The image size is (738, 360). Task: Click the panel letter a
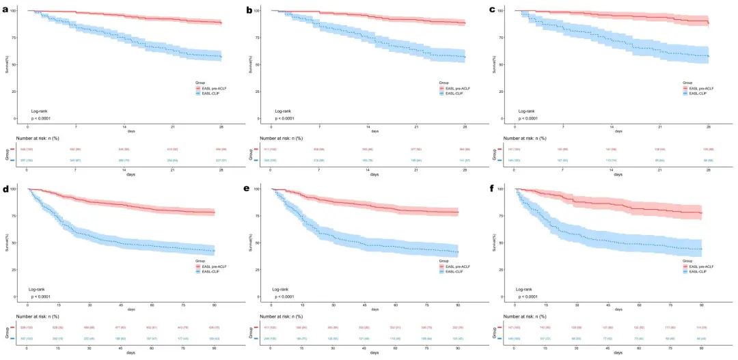coord(5,10)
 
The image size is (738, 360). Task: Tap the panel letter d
coord(5,188)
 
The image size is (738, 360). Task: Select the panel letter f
coord(496,188)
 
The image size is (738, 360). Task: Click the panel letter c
coord(496,10)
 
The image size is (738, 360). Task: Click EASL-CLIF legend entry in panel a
coord(209,94)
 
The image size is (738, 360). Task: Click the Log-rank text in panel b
coord(284,111)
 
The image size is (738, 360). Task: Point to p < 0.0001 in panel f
coord(531,296)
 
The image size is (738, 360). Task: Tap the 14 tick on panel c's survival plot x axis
coord(612,127)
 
